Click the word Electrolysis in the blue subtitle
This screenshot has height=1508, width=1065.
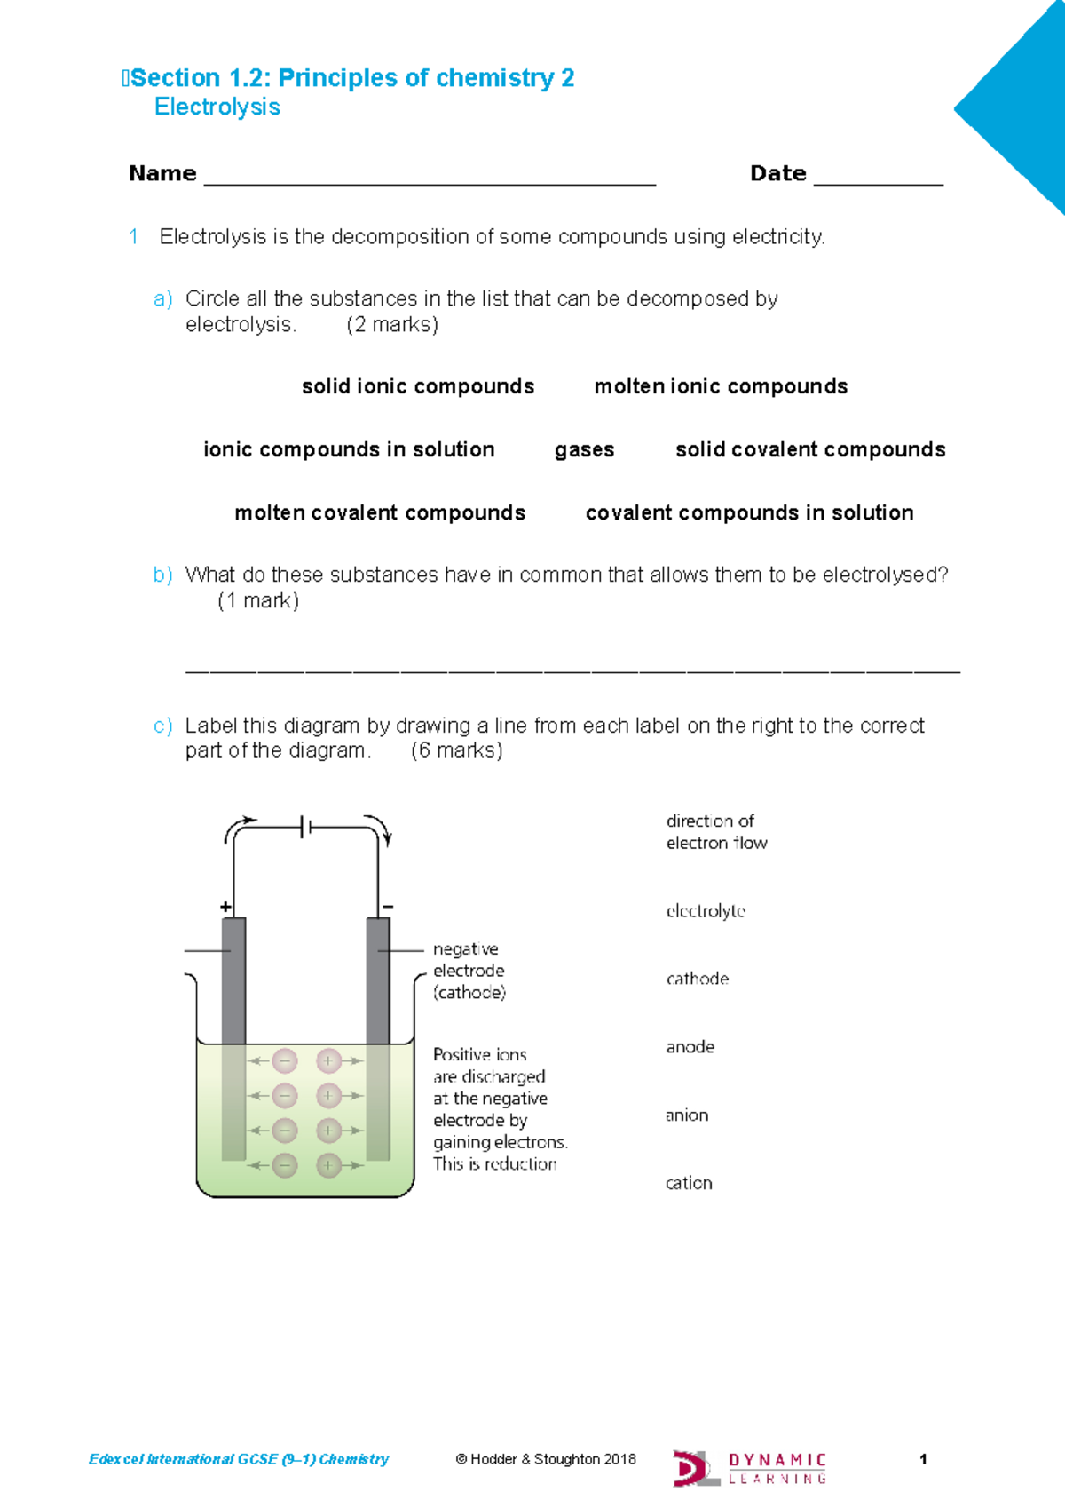pyautogui.click(x=217, y=107)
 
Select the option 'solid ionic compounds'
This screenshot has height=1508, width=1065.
pyautogui.click(x=418, y=386)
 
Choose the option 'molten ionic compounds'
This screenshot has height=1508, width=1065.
pyautogui.click(x=721, y=386)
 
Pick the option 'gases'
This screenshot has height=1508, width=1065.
pyautogui.click(x=584, y=450)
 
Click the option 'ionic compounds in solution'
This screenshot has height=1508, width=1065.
pyautogui.click(x=349, y=450)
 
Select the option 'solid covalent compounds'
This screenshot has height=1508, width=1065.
pyautogui.click(x=810, y=450)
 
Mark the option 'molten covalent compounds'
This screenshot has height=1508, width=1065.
pyautogui.click(x=380, y=513)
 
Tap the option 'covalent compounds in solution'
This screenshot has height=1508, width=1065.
pyautogui.click(x=749, y=513)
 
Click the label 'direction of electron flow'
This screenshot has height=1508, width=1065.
pyautogui.click(x=715, y=832)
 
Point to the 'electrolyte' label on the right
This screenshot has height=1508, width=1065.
pyautogui.click(x=706, y=911)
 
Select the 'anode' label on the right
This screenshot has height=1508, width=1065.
pyautogui.click(x=690, y=1047)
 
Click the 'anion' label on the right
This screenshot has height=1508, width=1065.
pyautogui.click(x=687, y=1115)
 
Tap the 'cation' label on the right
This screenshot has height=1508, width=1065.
pyautogui.click(x=689, y=1183)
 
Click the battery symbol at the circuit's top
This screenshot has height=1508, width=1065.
pyautogui.click(x=305, y=828)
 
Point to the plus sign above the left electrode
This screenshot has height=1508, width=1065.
pyautogui.click(x=225, y=907)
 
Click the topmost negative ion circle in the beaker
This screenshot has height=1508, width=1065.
pyautogui.click(x=285, y=1060)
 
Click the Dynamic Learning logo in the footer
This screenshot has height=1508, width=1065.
pyautogui.click(x=750, y=1468)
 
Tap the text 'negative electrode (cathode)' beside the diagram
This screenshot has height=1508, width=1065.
pyautogui.click(x=469, y=971)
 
